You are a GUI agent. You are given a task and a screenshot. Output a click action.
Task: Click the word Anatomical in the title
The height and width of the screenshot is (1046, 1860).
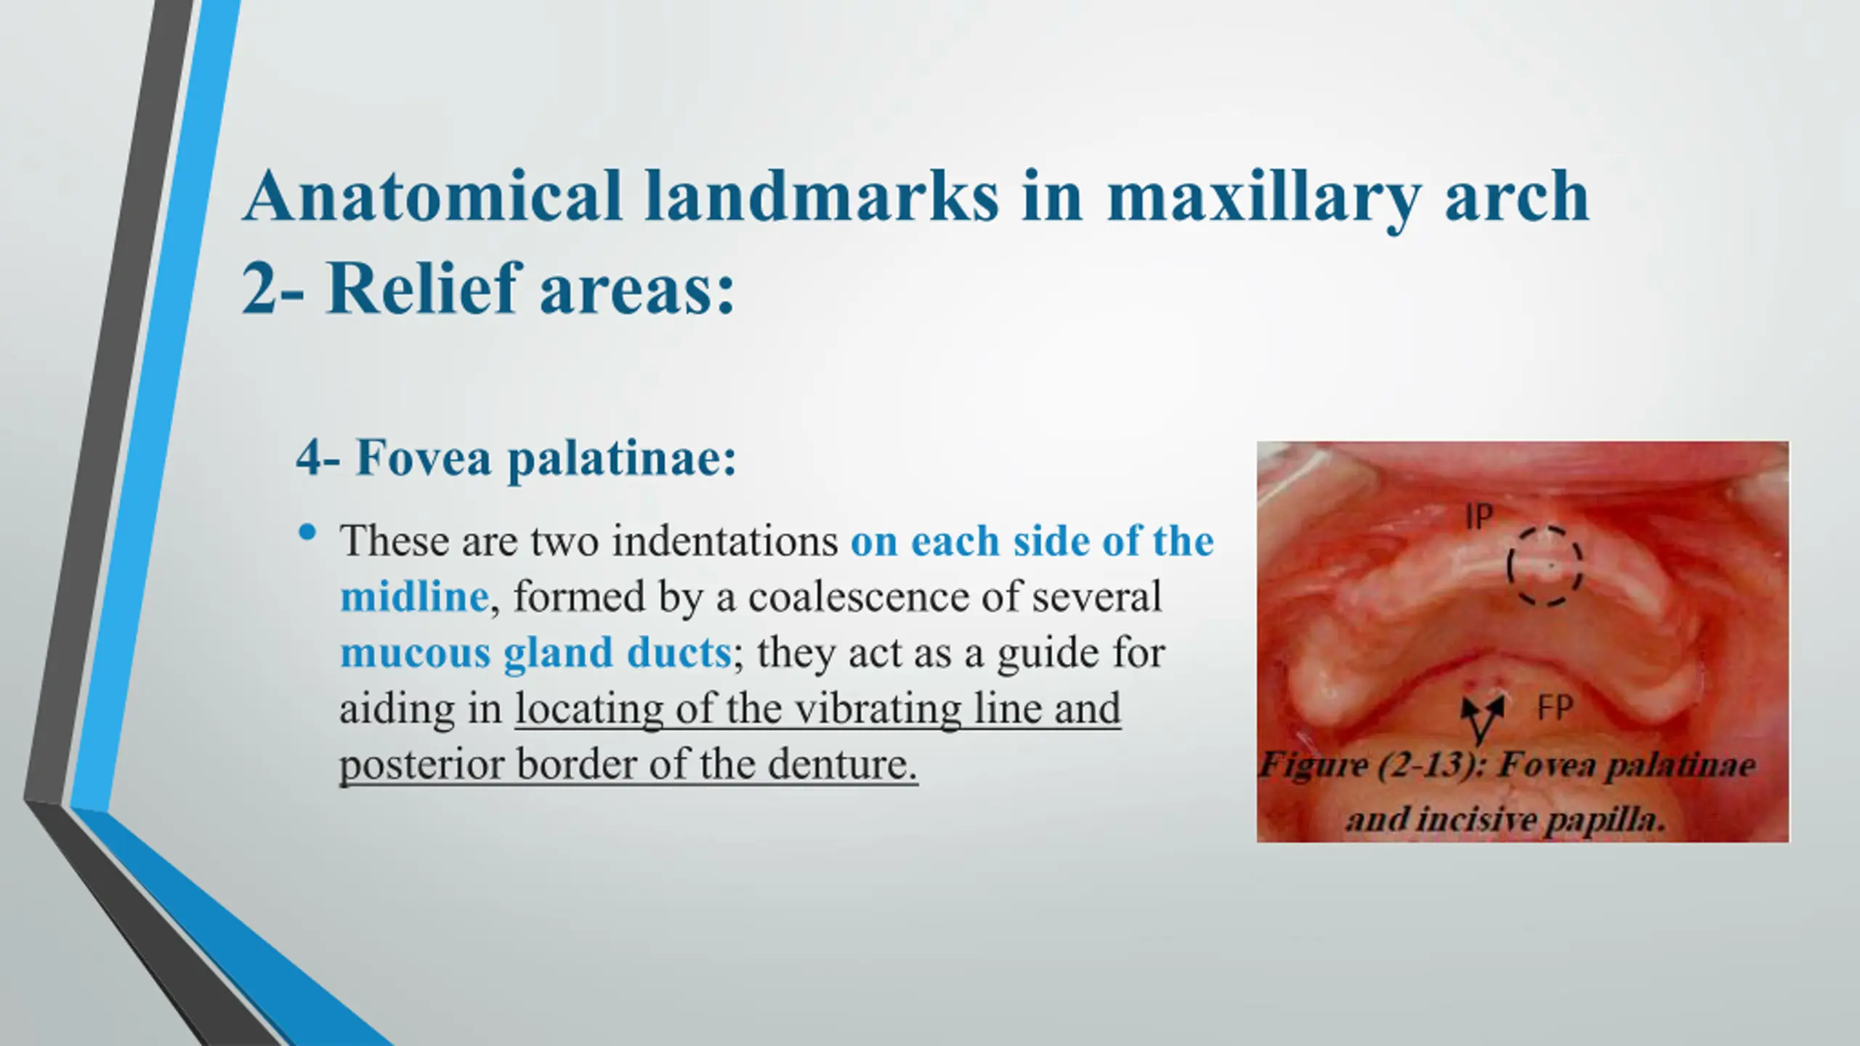coord(433,195)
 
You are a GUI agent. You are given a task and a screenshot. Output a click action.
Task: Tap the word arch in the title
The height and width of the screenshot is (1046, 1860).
coord(1517,197)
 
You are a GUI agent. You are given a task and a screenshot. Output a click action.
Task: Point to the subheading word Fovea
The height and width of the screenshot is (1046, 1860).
coord(424,458)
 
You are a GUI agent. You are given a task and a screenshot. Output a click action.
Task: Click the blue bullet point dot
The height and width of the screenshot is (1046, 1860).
coord(307,532)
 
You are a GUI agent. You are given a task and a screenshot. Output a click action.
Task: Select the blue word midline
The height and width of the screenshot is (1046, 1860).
coord(414,596)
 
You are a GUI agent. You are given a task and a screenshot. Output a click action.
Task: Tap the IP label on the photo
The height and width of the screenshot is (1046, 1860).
coord(1479,516)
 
